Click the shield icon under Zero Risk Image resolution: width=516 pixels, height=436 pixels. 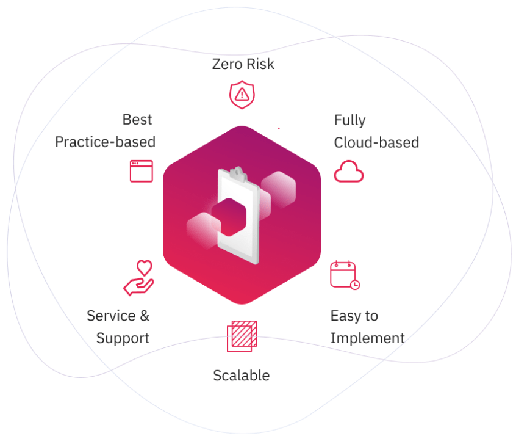pos(242,94)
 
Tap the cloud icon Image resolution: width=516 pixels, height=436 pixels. pos(348,172)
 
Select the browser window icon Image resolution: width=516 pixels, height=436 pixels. pos(142,171)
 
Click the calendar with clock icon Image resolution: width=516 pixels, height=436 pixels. pos(344,275)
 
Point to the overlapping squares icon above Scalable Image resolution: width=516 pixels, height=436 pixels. pos(242,336)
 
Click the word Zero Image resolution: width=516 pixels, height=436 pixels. pos(227,64)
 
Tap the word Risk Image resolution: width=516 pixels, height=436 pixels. pos(260,64)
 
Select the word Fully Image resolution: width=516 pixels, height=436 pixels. pos(349,120)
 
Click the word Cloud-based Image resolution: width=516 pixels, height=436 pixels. pos(376,142)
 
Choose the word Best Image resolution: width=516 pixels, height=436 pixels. pos(137,119)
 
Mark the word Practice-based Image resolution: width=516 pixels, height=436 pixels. pos(105,142)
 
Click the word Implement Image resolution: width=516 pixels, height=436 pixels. pos(367,338)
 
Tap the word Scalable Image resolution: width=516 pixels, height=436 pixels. pos(241,375)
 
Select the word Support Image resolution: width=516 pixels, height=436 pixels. pos(123,338)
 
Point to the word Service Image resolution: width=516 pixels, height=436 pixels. pos(111,316)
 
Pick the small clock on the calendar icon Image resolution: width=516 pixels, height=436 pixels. pos(355,285)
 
